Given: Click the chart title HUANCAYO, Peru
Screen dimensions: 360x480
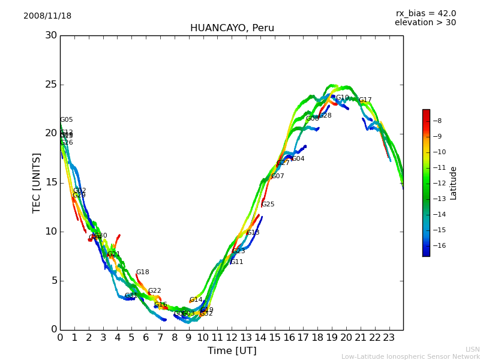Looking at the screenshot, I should [232, 28].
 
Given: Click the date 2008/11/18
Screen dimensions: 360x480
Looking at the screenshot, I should [47, 16].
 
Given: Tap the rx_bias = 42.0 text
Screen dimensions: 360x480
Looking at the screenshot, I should [425, 14].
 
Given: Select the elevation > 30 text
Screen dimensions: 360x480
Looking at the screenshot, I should [425, 23].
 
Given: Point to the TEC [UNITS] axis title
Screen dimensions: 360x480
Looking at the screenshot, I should [37, 182].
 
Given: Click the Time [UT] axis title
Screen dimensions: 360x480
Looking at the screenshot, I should [232, 351].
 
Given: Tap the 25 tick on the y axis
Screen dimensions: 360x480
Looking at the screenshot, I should [51, 85].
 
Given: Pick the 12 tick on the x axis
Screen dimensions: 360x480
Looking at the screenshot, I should [232, 338].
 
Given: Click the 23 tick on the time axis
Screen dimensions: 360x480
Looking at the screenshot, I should [389, 338].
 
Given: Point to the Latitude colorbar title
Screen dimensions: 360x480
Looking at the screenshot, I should [454, 183].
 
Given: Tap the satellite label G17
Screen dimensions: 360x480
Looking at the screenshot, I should [365, 100].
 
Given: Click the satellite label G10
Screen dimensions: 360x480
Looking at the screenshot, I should [342, 98].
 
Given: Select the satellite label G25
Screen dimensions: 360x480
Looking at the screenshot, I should [268, 205].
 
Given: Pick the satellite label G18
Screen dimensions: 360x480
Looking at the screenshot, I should [142, 272].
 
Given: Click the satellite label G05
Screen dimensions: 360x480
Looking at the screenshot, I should [66, 120].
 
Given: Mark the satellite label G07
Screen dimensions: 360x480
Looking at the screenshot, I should [277, 176].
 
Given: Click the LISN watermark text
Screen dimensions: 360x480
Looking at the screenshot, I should [472, 349].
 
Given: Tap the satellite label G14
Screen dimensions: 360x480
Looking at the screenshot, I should [196, 300].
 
